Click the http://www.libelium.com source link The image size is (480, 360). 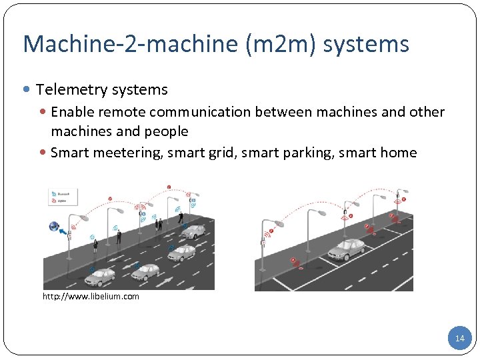[91, 296]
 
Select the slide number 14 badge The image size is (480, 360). [459, 339]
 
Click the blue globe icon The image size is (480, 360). [53, 227]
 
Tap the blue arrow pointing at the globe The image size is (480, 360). [65, 233]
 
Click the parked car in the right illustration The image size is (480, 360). [346, 249]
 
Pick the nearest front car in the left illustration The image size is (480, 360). [102, 275]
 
